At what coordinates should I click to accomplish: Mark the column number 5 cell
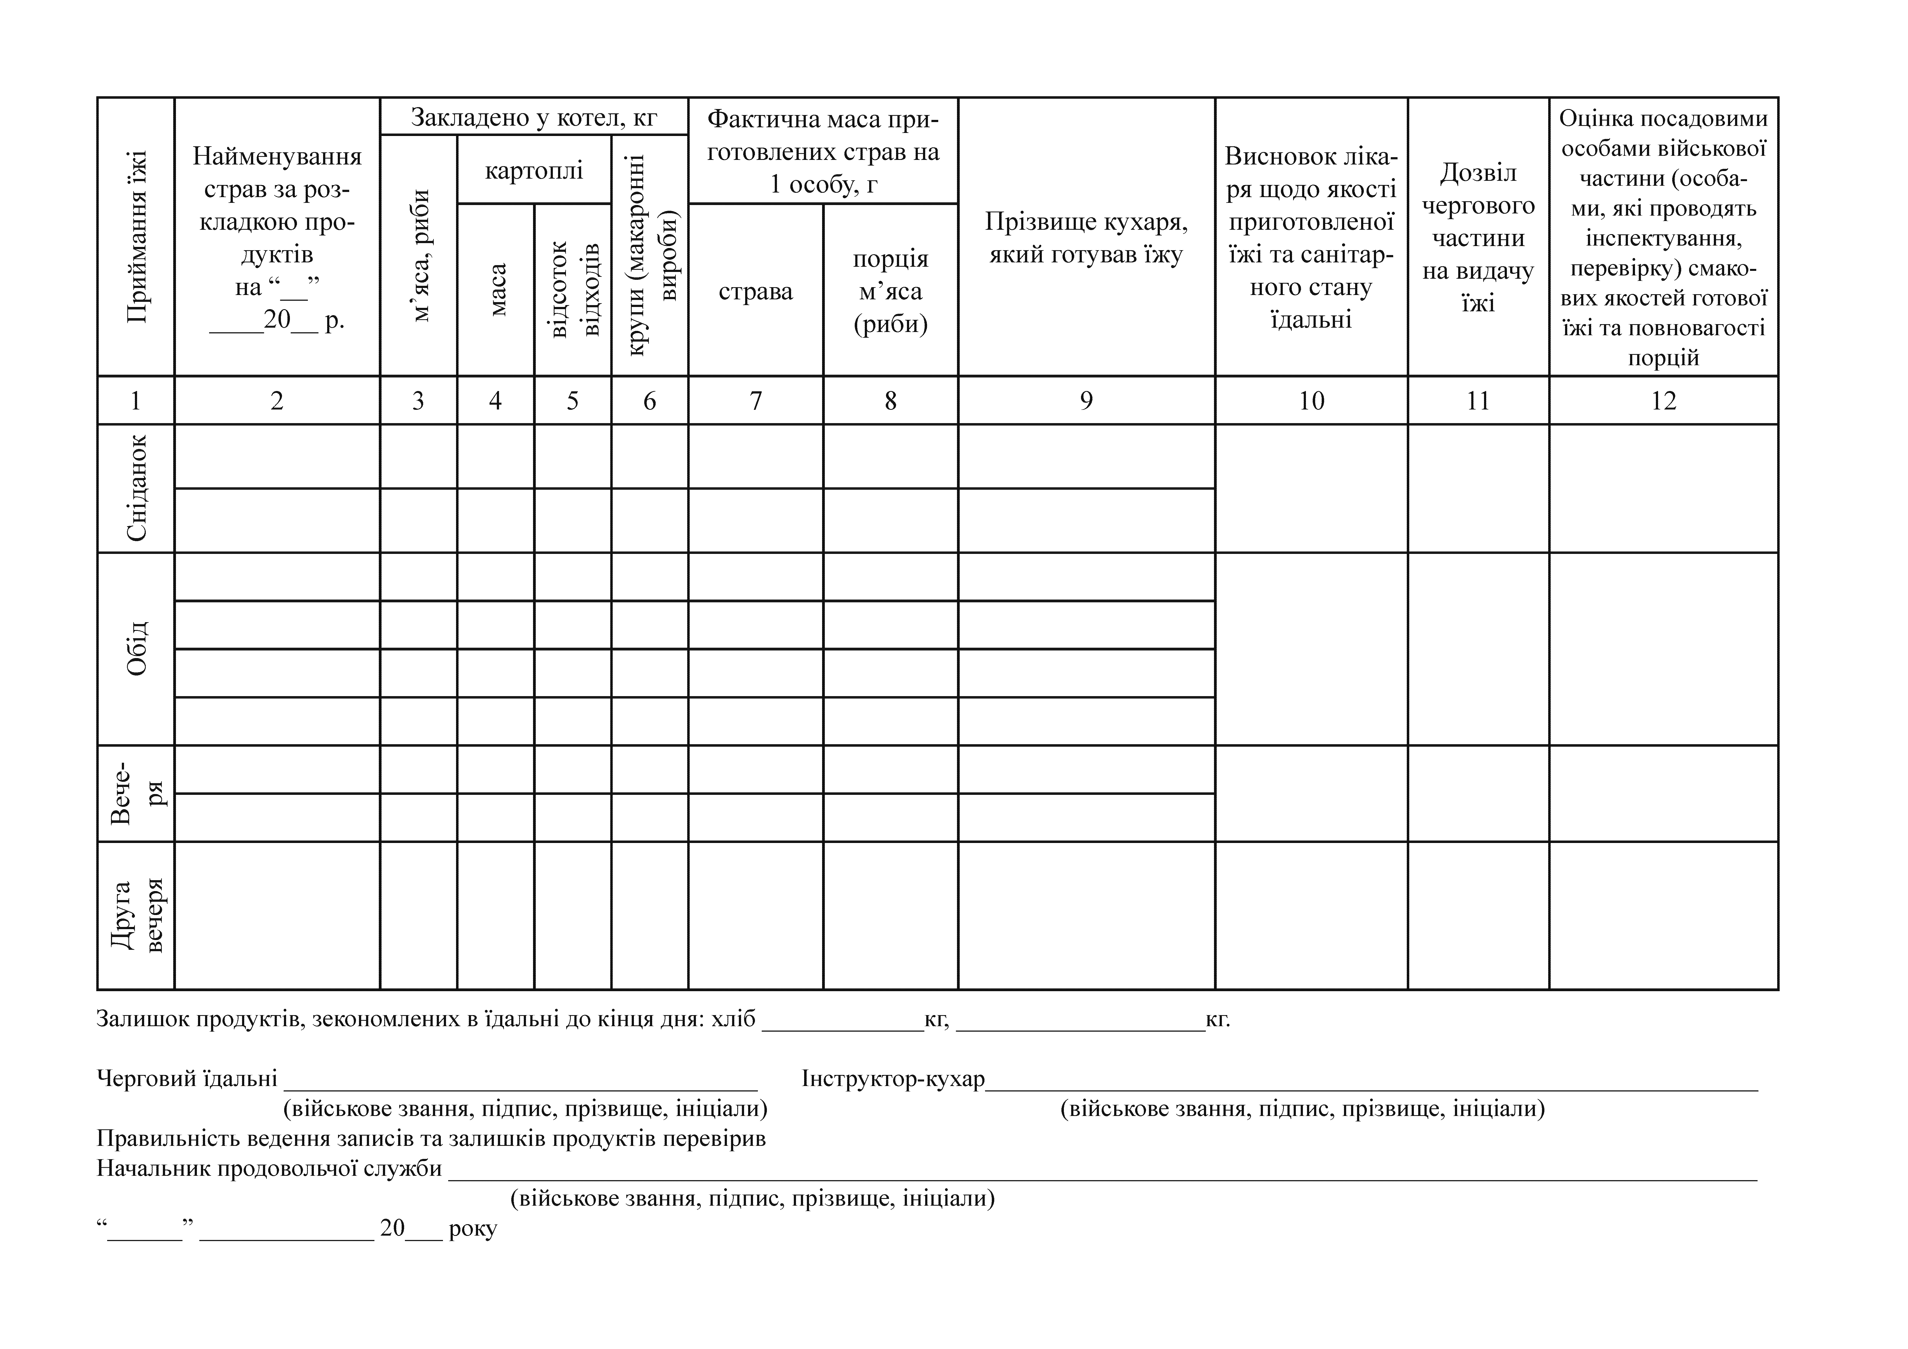point(572,401)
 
